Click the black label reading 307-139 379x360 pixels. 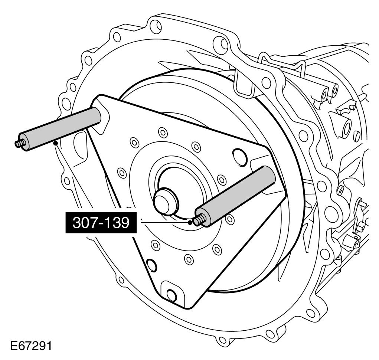101,223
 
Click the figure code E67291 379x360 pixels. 31,346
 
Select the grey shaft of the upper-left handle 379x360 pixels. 61,129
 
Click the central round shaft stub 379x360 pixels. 166,201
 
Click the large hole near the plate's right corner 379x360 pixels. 240,157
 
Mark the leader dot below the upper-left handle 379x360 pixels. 56,143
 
